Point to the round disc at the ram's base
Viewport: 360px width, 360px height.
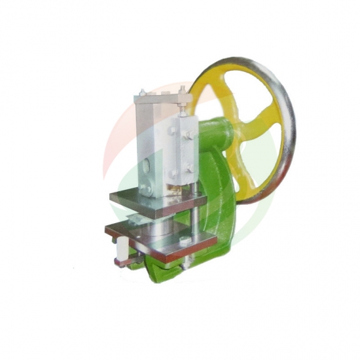(x=147, y=190)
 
